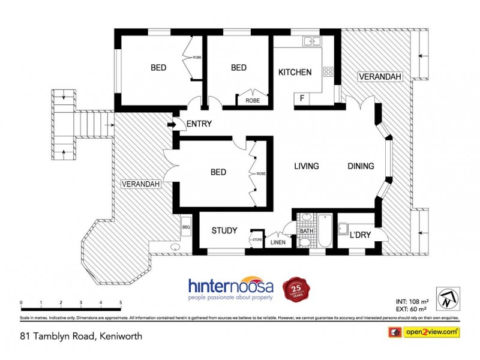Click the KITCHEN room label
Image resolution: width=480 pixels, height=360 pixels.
click(295, 73)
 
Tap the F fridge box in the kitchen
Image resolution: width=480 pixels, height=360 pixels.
click(302, 97)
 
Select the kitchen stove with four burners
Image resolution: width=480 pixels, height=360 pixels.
click(328, 71)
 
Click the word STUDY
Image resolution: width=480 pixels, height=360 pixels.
click(224, 230)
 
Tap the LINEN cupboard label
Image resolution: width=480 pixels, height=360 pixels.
click(277, 242)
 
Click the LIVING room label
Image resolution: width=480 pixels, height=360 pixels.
click(305, 166)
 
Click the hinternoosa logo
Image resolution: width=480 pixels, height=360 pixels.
click(231, 288)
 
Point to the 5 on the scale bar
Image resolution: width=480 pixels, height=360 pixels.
click(121, 302)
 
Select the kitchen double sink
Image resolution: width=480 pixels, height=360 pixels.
click(311, 41)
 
